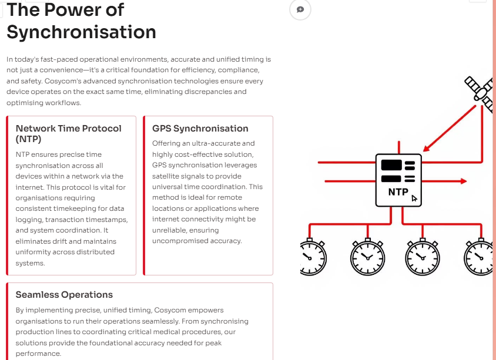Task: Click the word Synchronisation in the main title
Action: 82,32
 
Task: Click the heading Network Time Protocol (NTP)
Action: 68,133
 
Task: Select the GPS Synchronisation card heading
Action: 200,129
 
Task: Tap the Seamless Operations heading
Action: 64,295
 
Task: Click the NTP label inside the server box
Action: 398,192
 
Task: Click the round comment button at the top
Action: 300,9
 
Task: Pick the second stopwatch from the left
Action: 367,257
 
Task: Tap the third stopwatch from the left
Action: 422,257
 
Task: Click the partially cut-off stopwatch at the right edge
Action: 479,257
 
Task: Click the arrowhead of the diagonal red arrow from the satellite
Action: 427,149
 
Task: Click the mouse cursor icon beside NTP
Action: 415,198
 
